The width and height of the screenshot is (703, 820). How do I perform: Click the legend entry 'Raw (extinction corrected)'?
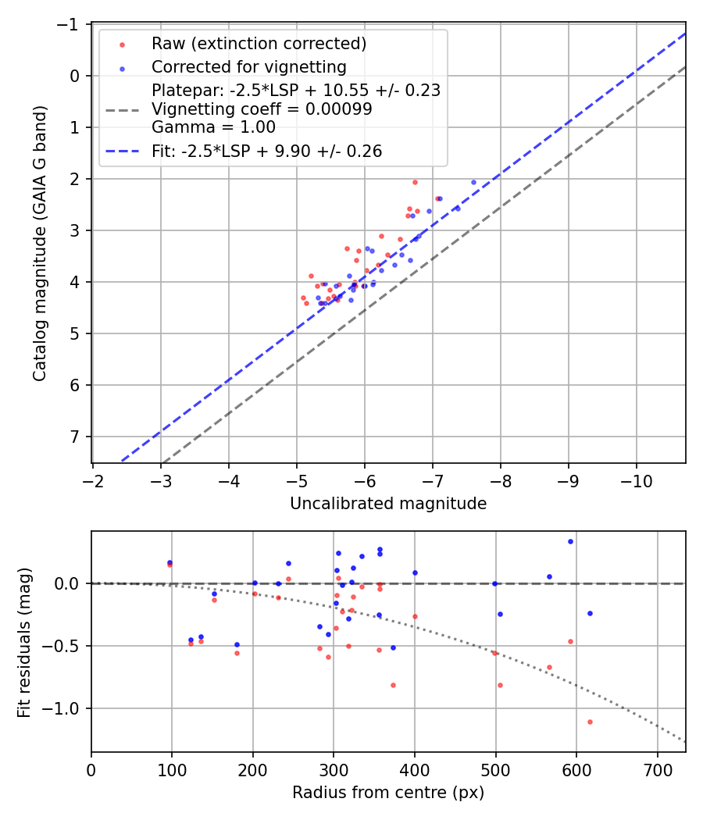259,43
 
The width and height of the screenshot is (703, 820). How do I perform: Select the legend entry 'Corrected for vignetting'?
248,66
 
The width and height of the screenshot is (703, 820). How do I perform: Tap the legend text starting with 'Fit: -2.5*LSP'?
266,152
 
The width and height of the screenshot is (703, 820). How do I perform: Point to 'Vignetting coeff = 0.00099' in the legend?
262,109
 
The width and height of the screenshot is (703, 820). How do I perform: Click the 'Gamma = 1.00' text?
213,127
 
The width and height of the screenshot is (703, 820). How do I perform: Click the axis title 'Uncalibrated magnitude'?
388,504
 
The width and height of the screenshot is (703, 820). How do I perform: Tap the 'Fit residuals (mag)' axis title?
24,641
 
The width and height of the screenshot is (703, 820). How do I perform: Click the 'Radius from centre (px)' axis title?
388,793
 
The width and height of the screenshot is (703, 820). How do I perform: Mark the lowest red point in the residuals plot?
590,722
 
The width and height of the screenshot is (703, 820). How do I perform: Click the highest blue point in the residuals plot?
570,541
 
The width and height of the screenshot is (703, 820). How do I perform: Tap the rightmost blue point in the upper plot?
473,182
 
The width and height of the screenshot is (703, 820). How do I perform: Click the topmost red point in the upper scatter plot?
415,182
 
